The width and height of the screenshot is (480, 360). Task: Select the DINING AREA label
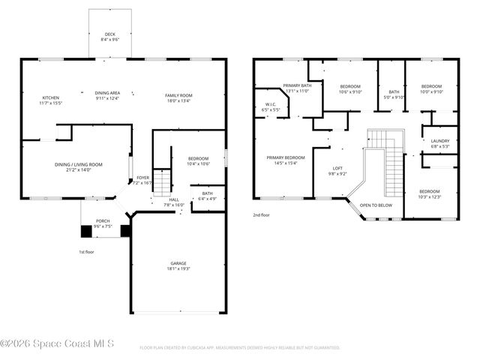(x=107, y=94)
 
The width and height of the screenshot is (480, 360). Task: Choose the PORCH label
(x=103, y=223)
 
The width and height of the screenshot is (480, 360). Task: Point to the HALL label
(x=173, y=201)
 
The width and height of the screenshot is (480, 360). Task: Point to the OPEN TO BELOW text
(x=375, y=205)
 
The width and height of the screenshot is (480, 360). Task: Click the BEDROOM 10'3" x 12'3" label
(x=430, y=193)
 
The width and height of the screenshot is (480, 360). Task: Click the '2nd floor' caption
(x=261, y=214)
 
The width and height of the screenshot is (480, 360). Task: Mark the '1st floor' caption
(x=87, y=251)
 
